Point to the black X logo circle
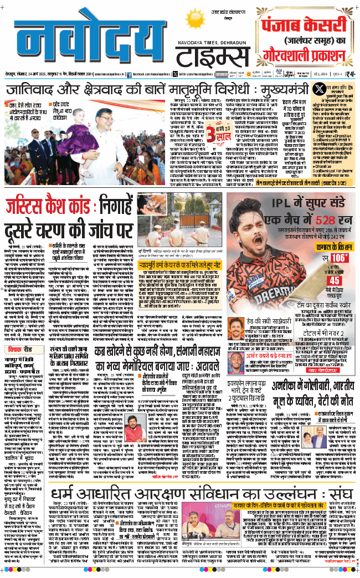[x=318, y=90]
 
